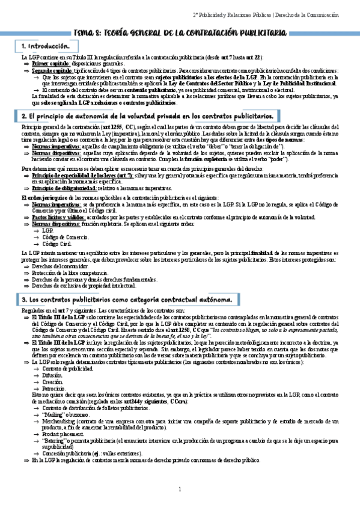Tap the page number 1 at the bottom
[180, 489]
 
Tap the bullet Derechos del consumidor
[59, 265]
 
